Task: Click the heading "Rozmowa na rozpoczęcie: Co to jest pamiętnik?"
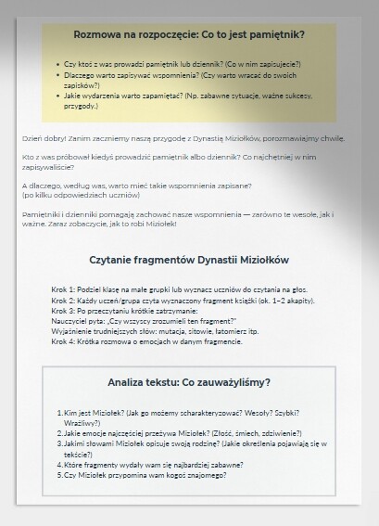[x=189, y=34]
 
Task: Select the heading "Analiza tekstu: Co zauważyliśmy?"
[x=189, y=381]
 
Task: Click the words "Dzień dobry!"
[x=39, y=138]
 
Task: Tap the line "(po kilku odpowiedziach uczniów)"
[x=69, y=196]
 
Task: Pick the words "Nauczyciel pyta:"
[x=73, y=320]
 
